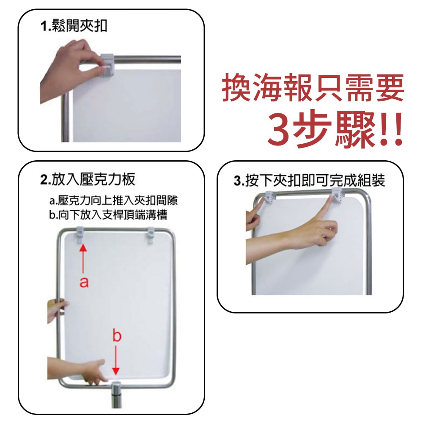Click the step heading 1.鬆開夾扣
pos(74,27)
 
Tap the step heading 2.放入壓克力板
pos(88,179)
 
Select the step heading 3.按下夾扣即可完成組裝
pos(309,181)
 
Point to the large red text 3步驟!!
pos(334,130)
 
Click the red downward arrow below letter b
pos(116,360)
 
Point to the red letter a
pos(84,282)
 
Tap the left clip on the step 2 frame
pos(80,235)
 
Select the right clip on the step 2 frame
pos(152,236)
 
